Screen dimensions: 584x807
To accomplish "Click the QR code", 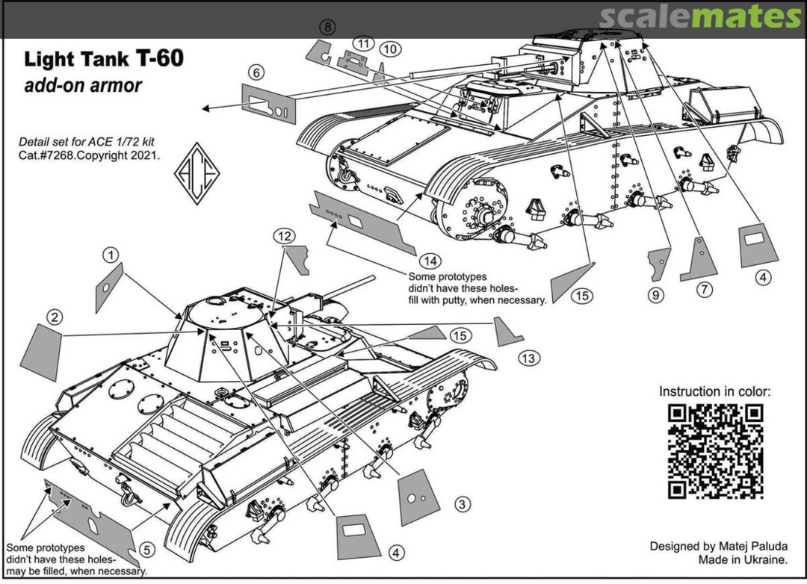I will (715, 450).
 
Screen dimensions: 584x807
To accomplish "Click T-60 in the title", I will (158, 59).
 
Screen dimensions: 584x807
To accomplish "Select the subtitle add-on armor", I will (83, 85).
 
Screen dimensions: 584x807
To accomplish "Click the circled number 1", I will (111, 255).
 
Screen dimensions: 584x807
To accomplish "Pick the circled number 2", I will (54, 317).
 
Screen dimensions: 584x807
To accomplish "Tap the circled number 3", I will (463, 505).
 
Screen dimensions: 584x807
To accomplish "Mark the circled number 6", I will (256, 73).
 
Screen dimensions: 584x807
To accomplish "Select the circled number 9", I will (655, 295).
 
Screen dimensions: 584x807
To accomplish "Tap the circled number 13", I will (529, 358).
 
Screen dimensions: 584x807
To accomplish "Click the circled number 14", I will (428, 261).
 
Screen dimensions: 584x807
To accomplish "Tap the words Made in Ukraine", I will (743, 560).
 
